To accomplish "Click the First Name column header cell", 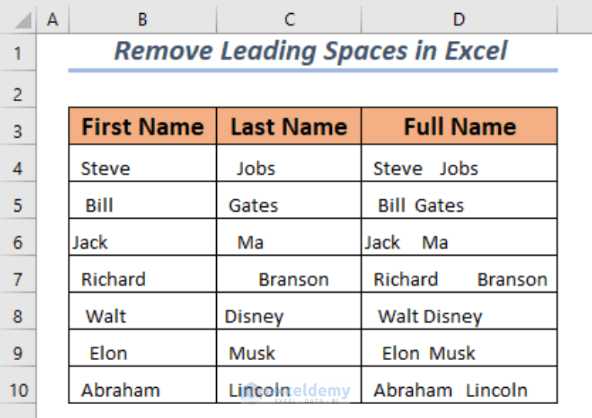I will click(143, 127).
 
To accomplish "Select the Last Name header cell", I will click(289, 127).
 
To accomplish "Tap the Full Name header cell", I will click(459, 127).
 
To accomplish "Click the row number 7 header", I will click(19, 280).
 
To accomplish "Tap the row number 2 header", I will click(19, 94).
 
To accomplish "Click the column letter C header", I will click(289, 19).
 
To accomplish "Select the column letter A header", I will click(52, 19).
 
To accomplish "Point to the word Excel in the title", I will click(475, 51).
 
